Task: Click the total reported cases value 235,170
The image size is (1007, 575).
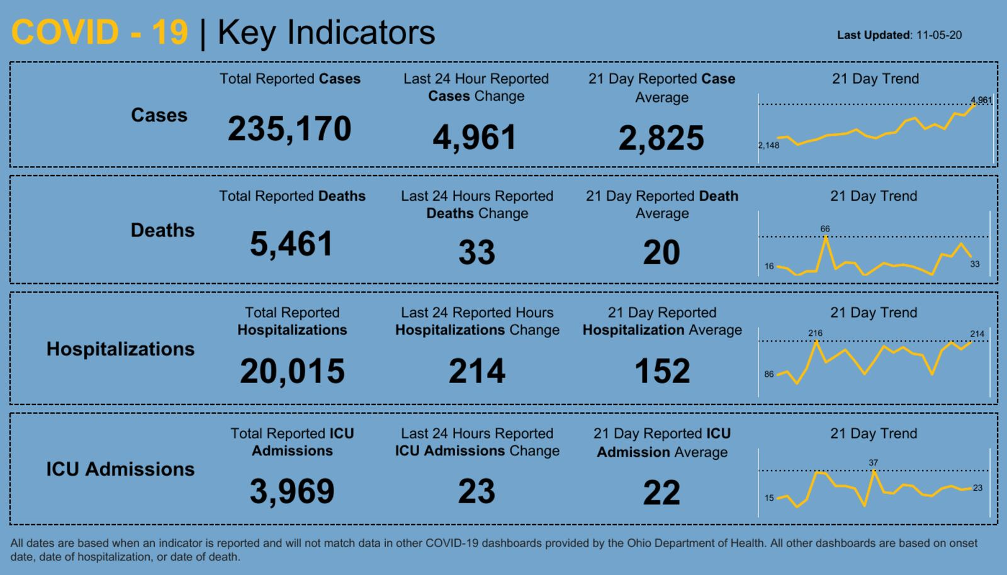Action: (290, 129)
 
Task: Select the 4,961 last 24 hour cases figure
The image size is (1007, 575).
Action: (475, 138)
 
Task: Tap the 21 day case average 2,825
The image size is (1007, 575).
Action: (661, 138)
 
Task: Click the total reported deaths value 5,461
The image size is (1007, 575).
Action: (291, 244)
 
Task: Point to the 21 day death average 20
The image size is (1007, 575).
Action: (661, 253)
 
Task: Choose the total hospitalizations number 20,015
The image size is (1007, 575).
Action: (292, 371)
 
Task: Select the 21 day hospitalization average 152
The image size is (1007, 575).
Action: (662, 371)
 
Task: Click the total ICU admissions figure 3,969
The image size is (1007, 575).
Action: (292, 491)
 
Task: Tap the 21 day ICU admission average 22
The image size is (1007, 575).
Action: (661, 493)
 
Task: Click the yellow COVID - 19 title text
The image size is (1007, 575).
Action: (99, 33)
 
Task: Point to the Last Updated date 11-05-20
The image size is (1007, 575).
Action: (938, 35)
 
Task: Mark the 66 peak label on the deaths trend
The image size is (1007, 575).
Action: (825, 229)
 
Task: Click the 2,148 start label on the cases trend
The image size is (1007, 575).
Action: (768, 145)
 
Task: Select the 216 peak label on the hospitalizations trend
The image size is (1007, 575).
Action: (815, 333)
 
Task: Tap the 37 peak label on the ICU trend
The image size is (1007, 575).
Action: (873, 462)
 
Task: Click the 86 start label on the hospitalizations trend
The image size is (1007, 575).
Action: (769, 374)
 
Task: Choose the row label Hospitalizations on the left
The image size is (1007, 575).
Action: (120, 349)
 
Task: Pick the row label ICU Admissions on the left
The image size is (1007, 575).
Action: (120, 469)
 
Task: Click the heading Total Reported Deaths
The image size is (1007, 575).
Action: (292, 196)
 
